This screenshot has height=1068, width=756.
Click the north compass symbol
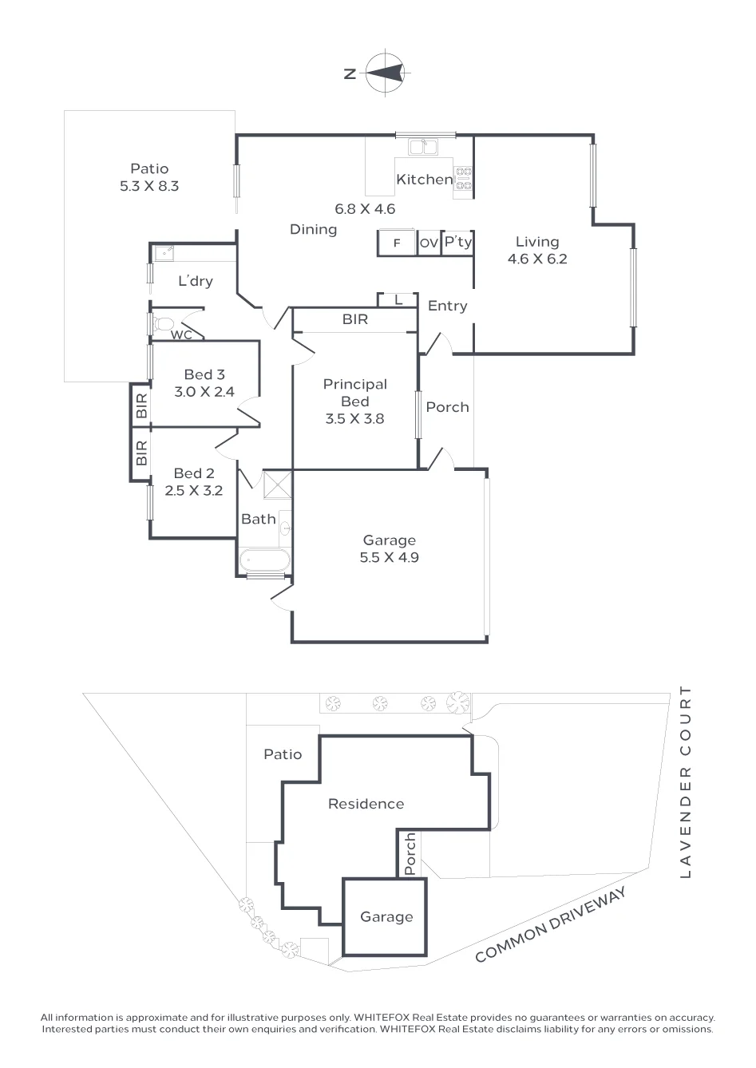[386, 73]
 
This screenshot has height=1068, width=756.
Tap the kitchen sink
[422, 146]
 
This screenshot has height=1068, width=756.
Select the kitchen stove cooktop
[463, 178]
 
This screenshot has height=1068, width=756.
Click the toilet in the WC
[163, 324]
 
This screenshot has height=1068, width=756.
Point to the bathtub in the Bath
[264, 560]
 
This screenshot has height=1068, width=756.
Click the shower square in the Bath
[277, 485]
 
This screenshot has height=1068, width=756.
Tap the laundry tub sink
[164, 253]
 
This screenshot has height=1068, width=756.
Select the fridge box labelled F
[397, 243]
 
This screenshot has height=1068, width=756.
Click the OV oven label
[429, 243]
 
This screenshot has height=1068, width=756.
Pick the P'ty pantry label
[458, 242]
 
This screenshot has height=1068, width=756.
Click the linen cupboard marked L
[398, 300]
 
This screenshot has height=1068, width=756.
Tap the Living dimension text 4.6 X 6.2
[537, 259]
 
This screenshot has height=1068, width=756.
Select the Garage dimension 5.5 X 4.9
[390, 557]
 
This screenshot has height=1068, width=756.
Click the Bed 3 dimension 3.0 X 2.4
[204, 392]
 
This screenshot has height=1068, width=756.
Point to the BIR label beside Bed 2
[141, 453]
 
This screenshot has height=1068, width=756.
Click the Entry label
[447, 306]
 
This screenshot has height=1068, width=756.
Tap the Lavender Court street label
[686, 782]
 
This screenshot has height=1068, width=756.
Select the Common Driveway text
[550, 924]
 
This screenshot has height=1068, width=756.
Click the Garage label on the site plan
[387, 916]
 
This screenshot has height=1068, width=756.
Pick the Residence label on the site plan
[366, 804]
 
